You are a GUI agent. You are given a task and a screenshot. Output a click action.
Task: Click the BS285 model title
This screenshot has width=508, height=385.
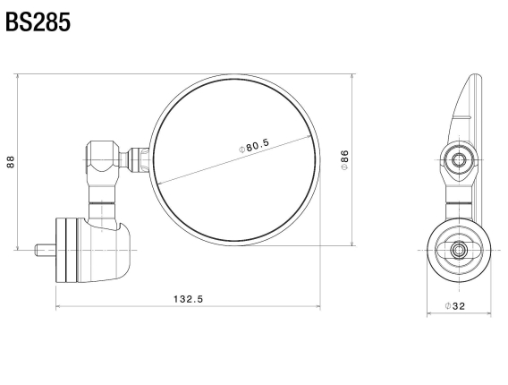(x=38, y=21)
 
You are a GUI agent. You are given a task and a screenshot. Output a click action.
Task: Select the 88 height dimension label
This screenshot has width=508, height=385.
(x=10, y=161)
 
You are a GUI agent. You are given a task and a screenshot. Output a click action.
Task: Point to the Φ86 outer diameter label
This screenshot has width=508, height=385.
(x=343, y=158)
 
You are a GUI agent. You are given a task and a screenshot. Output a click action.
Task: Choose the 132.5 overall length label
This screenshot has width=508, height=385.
(x=188, y=298)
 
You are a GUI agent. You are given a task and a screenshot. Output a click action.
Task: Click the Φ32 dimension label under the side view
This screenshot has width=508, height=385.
(x=457, y=306)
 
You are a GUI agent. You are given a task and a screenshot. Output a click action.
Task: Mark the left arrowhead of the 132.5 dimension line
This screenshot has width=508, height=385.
(x=58, y=306)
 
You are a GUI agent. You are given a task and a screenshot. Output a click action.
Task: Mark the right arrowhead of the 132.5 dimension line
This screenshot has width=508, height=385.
(x=317, y=306)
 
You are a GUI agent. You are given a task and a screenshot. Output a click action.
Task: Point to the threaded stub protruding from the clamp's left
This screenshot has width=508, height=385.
(x=44, y=248)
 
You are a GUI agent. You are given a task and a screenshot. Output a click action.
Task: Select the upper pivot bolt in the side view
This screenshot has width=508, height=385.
(x=459, y=160)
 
